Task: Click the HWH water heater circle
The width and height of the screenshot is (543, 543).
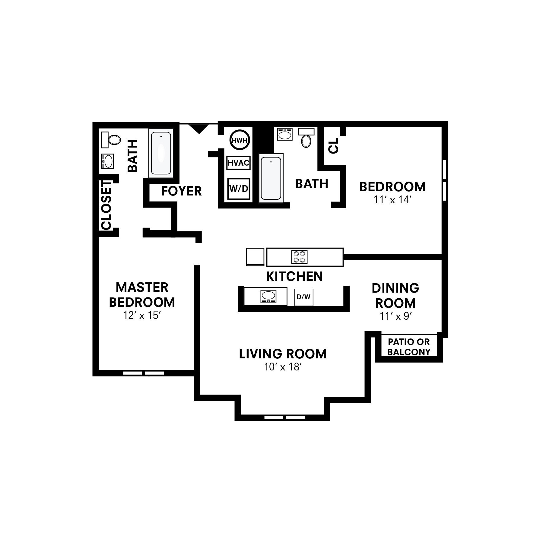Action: (240, 140)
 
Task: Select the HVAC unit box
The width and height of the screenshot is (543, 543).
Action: (238, 163)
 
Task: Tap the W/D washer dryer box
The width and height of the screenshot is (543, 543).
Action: (239, 189)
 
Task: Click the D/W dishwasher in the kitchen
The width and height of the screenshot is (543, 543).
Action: (303, 297)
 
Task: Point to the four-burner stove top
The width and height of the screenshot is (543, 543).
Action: (299, 257)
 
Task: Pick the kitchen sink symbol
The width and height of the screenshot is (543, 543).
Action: (268, 296)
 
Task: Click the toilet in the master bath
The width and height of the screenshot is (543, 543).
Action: (111, 140)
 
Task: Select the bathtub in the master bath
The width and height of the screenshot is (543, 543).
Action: (161, 153)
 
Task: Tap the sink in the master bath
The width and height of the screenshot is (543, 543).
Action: (107, 161)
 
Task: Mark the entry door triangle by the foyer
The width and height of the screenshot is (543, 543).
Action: (198, 129)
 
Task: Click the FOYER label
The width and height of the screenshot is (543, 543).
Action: (181, 191)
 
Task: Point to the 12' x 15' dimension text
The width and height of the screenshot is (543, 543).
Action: (141, 316)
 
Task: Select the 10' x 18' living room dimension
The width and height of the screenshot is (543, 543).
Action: (283, 367)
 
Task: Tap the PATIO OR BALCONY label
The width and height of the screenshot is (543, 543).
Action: (409, 347)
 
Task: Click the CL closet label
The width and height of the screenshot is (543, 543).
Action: (334, 146)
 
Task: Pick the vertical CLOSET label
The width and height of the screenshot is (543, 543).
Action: (106, 205)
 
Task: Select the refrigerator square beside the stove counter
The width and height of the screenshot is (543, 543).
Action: (255, 257)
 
